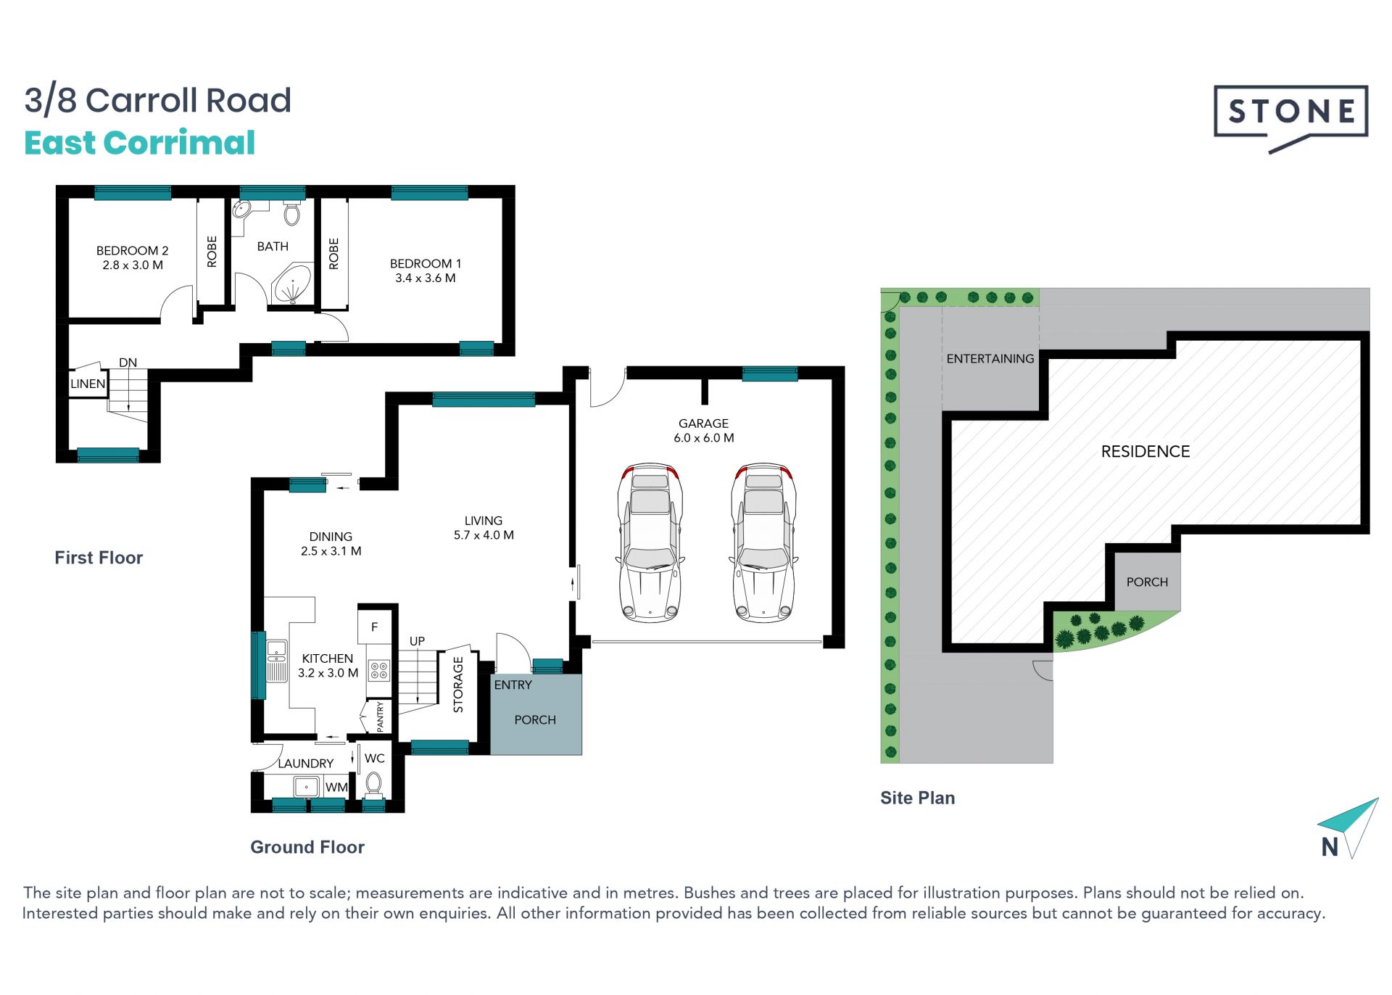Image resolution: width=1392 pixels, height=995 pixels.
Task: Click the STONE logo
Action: coord(1290,118)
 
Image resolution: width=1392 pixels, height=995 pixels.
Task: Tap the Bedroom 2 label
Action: coord(132,250)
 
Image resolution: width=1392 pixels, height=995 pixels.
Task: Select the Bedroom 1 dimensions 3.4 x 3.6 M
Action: coord(426,278)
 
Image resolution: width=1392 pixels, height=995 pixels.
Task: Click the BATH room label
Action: coord(273,247)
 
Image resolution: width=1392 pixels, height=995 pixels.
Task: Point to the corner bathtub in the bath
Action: coord(292,284)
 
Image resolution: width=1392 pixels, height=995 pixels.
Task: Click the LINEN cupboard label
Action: coord(88,384)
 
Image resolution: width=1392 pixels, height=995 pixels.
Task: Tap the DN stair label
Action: coord(128,363)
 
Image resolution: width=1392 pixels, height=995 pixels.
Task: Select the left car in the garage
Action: coord(650,542)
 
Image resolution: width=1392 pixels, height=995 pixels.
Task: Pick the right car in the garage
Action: coord(763,542)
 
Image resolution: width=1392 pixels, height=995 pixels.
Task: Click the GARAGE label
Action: coord(703,424)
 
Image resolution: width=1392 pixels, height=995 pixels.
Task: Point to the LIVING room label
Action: coord(484,521)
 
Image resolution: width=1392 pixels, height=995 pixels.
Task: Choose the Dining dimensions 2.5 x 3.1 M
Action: coord(331,551)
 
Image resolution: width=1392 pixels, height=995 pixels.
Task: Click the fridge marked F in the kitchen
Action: coord(375,627)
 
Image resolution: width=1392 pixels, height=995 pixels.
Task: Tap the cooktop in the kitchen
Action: coord(379,670)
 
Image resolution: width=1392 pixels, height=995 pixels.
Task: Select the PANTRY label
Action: coord(381,717)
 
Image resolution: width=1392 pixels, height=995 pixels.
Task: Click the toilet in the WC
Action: coord(373,785)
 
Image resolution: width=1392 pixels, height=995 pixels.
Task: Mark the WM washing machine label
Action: coord(336,787)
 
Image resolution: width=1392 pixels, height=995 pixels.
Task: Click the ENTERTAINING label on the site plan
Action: coord(990,359)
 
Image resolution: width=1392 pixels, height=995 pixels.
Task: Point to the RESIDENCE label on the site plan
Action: coord(1145,452)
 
